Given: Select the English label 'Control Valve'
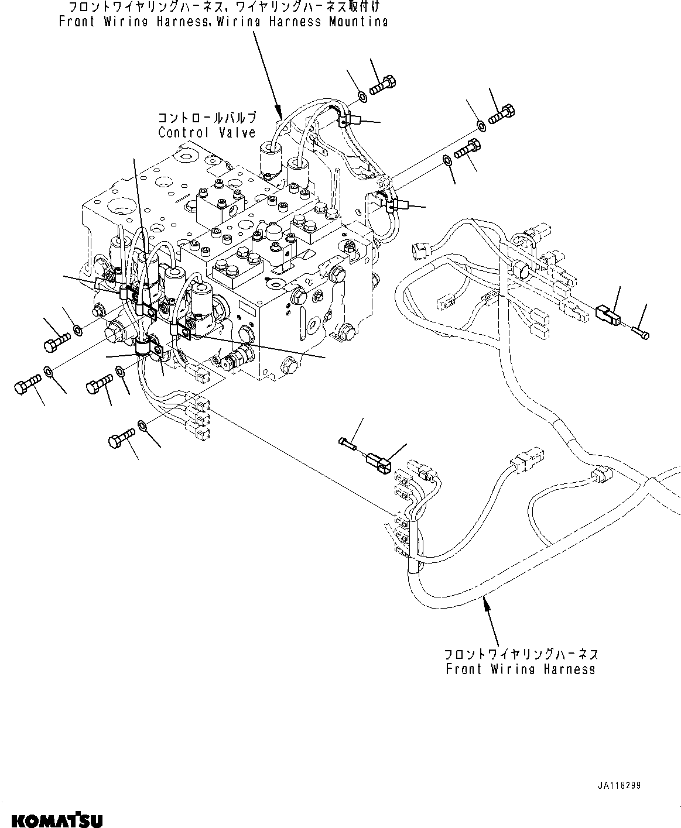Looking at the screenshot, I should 207,133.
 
